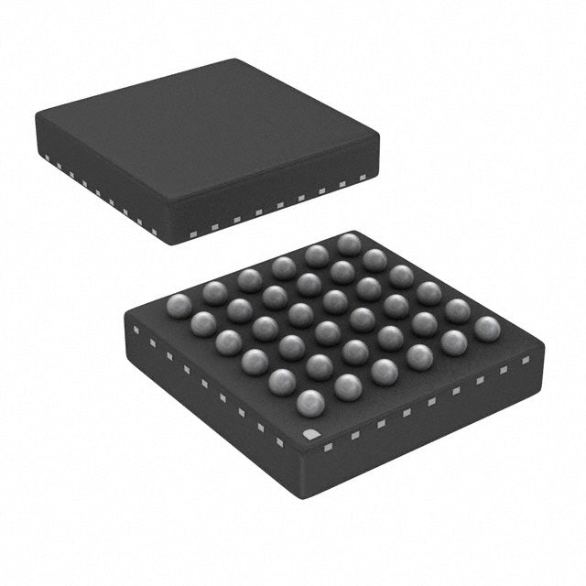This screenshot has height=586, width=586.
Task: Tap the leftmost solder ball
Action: (180, 307)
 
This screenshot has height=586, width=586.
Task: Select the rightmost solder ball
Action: (487, 329)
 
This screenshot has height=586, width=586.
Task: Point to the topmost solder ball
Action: (348, 244)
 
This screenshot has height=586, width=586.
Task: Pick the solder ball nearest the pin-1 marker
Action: (310, 402)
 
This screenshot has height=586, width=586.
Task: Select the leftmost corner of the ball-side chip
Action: (125, 316)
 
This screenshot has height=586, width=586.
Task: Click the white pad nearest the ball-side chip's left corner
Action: (136, 328)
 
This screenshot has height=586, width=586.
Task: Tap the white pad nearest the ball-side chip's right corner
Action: (526, 360)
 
